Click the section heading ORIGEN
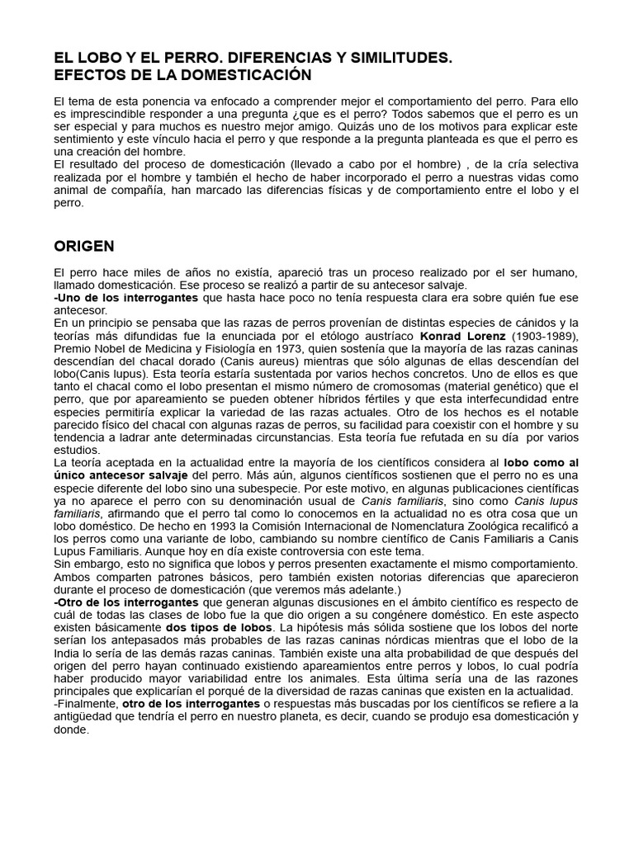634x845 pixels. (84, 246)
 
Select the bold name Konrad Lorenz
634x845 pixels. (459, 336)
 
